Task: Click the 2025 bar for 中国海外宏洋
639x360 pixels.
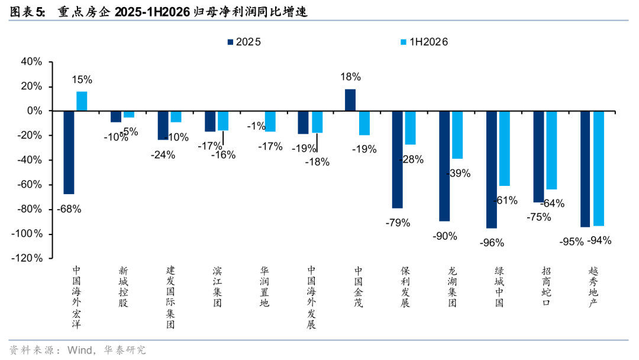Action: [x=69, y=153]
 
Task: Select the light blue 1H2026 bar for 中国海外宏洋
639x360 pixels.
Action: [x=82, y=101]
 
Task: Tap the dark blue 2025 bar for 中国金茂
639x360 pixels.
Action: [x=350, y=100]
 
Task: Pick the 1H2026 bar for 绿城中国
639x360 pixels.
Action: [x=505, y=149]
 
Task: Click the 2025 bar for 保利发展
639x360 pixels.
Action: [x=398, y=159]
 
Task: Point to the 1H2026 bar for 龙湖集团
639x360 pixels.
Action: [x=457, y=135]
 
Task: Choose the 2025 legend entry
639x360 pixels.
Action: [x=244, y=42]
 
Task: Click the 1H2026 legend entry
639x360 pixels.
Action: [x=424, y=42]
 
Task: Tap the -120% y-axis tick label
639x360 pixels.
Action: [x=27, y=258]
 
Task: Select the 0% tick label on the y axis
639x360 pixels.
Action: [x=35, y=111]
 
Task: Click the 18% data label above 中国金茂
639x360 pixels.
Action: [x=350, y=76]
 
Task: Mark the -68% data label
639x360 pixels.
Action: [x=69, y=209]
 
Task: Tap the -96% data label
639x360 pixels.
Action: [x=492, y=243]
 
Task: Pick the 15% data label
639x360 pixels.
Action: [x=82, y=79]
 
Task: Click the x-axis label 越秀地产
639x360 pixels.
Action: [x=593, y=287]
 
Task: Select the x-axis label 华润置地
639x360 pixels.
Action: [x=264, y=287]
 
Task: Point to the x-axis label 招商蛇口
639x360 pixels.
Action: [x=546, y=287]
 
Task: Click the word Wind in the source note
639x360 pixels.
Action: [x=80, y=350]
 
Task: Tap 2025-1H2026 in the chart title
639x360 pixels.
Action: [x=153, y=12]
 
